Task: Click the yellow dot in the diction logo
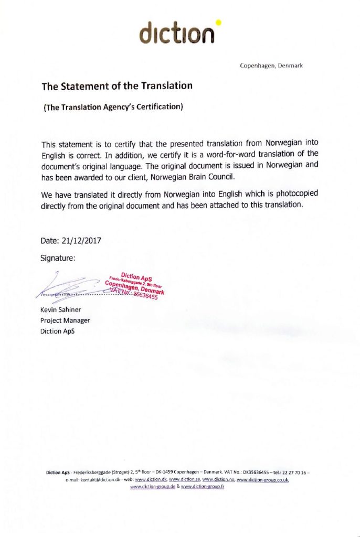[x=218, y=23]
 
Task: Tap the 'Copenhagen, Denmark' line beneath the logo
[x=271, y=66]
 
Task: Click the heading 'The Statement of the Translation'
[x=117, y=85]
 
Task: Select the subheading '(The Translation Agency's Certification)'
[x=112, y=108]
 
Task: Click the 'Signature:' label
[x=58, y=258]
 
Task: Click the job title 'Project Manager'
[x=65, y=320]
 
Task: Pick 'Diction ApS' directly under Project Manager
[x=58, y=331]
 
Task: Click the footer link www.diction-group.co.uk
[x=263, y=479]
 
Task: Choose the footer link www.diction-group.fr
[x=203, y=487]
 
